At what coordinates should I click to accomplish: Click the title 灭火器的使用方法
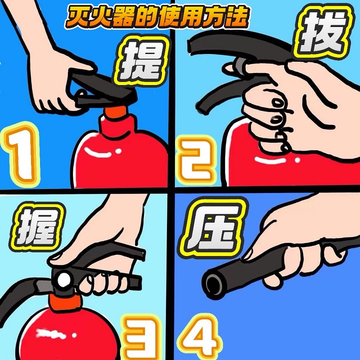tap(156, 17)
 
